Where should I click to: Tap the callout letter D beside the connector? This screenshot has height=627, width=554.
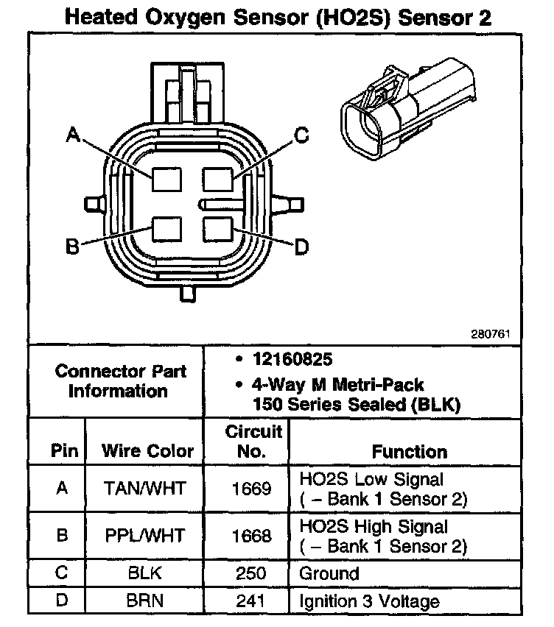tap(301, 247)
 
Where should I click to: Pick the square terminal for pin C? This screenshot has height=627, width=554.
tap(218, 179)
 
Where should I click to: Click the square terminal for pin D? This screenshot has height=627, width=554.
tap(218, 230)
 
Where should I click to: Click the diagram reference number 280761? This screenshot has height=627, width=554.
tap(491, 333)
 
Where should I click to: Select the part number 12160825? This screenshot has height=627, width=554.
tap(293, 360)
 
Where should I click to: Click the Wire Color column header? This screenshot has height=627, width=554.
tap(147, 450)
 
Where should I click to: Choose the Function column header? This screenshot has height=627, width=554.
tap(409, 450)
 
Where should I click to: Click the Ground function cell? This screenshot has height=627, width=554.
tap(329, 573)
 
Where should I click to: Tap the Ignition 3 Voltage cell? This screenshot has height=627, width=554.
tap(369, 601)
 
